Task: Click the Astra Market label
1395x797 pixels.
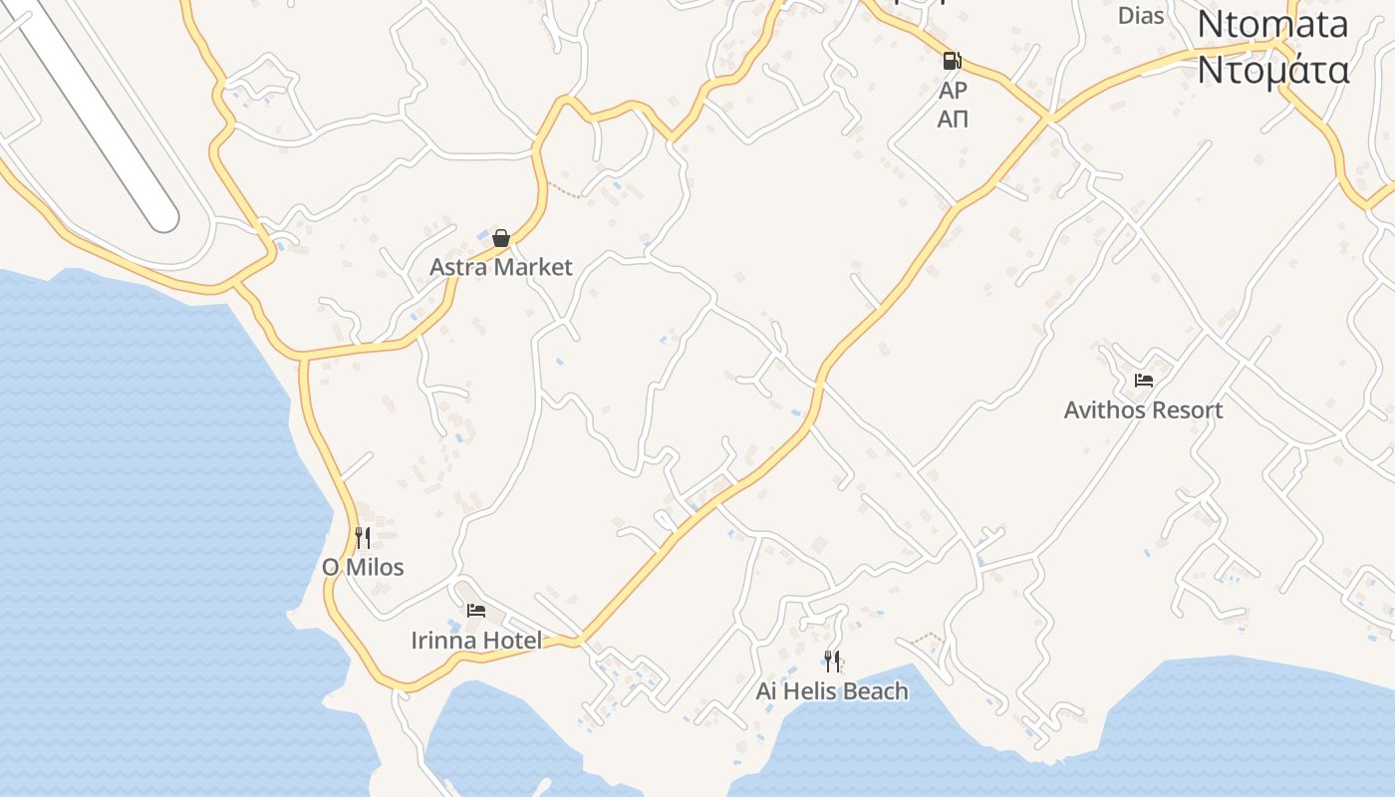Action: tap(500, 267)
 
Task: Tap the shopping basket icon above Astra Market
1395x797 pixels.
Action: tap(501, 238)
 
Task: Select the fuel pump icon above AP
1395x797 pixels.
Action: tap(953, 61)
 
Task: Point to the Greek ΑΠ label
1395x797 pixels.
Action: tap(954, 120)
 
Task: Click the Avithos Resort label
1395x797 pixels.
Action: tap(1143, 409)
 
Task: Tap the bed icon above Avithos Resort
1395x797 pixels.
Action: tap(1143, 380)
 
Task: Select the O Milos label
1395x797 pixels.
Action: tap(363, 568)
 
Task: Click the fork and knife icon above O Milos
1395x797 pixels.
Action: tap(363, 538)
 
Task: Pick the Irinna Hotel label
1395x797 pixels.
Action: tap(476, 640)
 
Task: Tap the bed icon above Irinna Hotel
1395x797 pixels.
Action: tap(476, 610)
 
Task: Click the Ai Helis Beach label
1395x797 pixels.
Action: tap(832, 690)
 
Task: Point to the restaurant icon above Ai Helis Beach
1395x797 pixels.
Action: tap(832, 661)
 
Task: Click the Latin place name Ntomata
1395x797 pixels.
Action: tap(1272, 24)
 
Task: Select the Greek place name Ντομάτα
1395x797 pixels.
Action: tap(1272, 70)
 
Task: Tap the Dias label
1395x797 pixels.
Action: tap(1141, 16)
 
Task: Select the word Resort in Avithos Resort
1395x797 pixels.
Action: tap(1186, 409)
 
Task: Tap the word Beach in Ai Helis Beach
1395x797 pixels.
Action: tap(876, 690)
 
